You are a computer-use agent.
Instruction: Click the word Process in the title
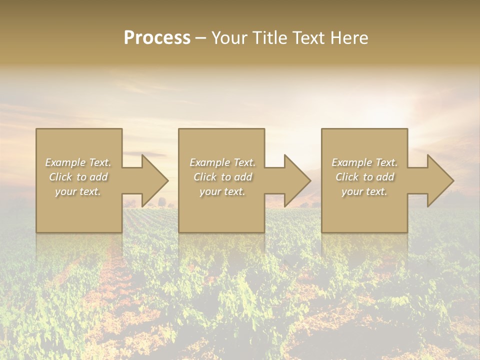(x=157, y=38)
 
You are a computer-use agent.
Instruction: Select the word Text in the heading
(x=308, y=38)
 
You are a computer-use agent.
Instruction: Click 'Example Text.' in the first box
(x=78, y=162)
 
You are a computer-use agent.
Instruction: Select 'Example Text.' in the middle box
(x=222, y=162)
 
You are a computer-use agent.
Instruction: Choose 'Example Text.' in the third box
(x=364, y=162)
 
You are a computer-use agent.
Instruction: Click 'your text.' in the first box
(x=78, y=191)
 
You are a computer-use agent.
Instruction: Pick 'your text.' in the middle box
(x=222, y=191)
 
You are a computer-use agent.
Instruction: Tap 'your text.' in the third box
(x=364, y=191)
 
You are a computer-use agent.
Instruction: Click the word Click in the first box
(x=60, y=177)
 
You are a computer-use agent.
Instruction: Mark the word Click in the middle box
(x=205, y=177)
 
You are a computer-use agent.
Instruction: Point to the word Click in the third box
(x=347, y=177)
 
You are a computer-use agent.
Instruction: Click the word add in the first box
(x=99, y=177)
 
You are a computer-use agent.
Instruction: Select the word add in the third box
(x=385, y=177)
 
